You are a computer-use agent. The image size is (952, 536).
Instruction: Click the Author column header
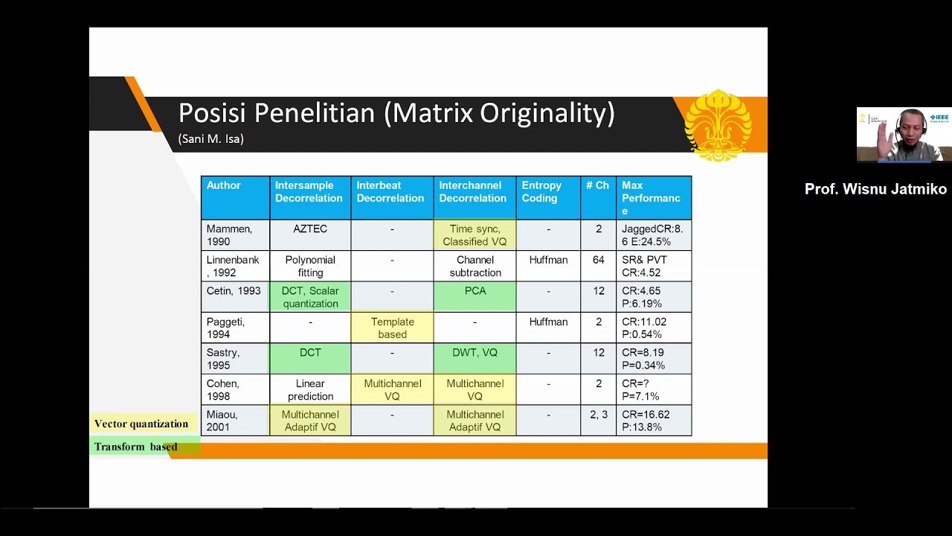point(235,197)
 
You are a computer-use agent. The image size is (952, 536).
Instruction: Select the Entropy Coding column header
point(548,197)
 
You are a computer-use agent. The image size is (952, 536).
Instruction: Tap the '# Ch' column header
point(598,197)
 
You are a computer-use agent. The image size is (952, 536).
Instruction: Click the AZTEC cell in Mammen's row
point(310,234)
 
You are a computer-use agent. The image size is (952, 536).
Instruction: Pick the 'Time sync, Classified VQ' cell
point(475,234)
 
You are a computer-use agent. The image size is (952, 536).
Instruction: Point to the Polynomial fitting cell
point(310,266)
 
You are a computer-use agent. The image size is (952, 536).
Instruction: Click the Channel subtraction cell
point(475,266)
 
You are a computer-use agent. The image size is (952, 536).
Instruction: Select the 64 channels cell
point(598,266)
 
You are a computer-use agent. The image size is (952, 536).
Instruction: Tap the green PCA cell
point(475,296)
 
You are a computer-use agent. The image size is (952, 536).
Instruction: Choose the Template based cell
point(392,328)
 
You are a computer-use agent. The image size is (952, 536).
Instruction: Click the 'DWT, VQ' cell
point(475,358)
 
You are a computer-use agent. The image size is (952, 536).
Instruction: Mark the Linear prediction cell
point(310,389)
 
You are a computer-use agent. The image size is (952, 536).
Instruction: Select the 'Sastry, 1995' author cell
point(235,358)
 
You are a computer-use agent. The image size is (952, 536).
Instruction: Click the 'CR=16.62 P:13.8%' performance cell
point(654,421)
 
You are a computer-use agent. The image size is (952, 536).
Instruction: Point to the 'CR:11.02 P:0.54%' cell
point(654,328)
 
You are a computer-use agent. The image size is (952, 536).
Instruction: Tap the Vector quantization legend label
point(141,424)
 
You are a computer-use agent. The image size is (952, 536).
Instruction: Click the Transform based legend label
point(136,447)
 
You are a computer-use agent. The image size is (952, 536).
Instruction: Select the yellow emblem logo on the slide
point(718,125)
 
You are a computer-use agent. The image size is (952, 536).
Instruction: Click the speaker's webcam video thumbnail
point(904,135)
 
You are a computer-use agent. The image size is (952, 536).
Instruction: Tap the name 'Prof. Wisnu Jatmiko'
point(875,189)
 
